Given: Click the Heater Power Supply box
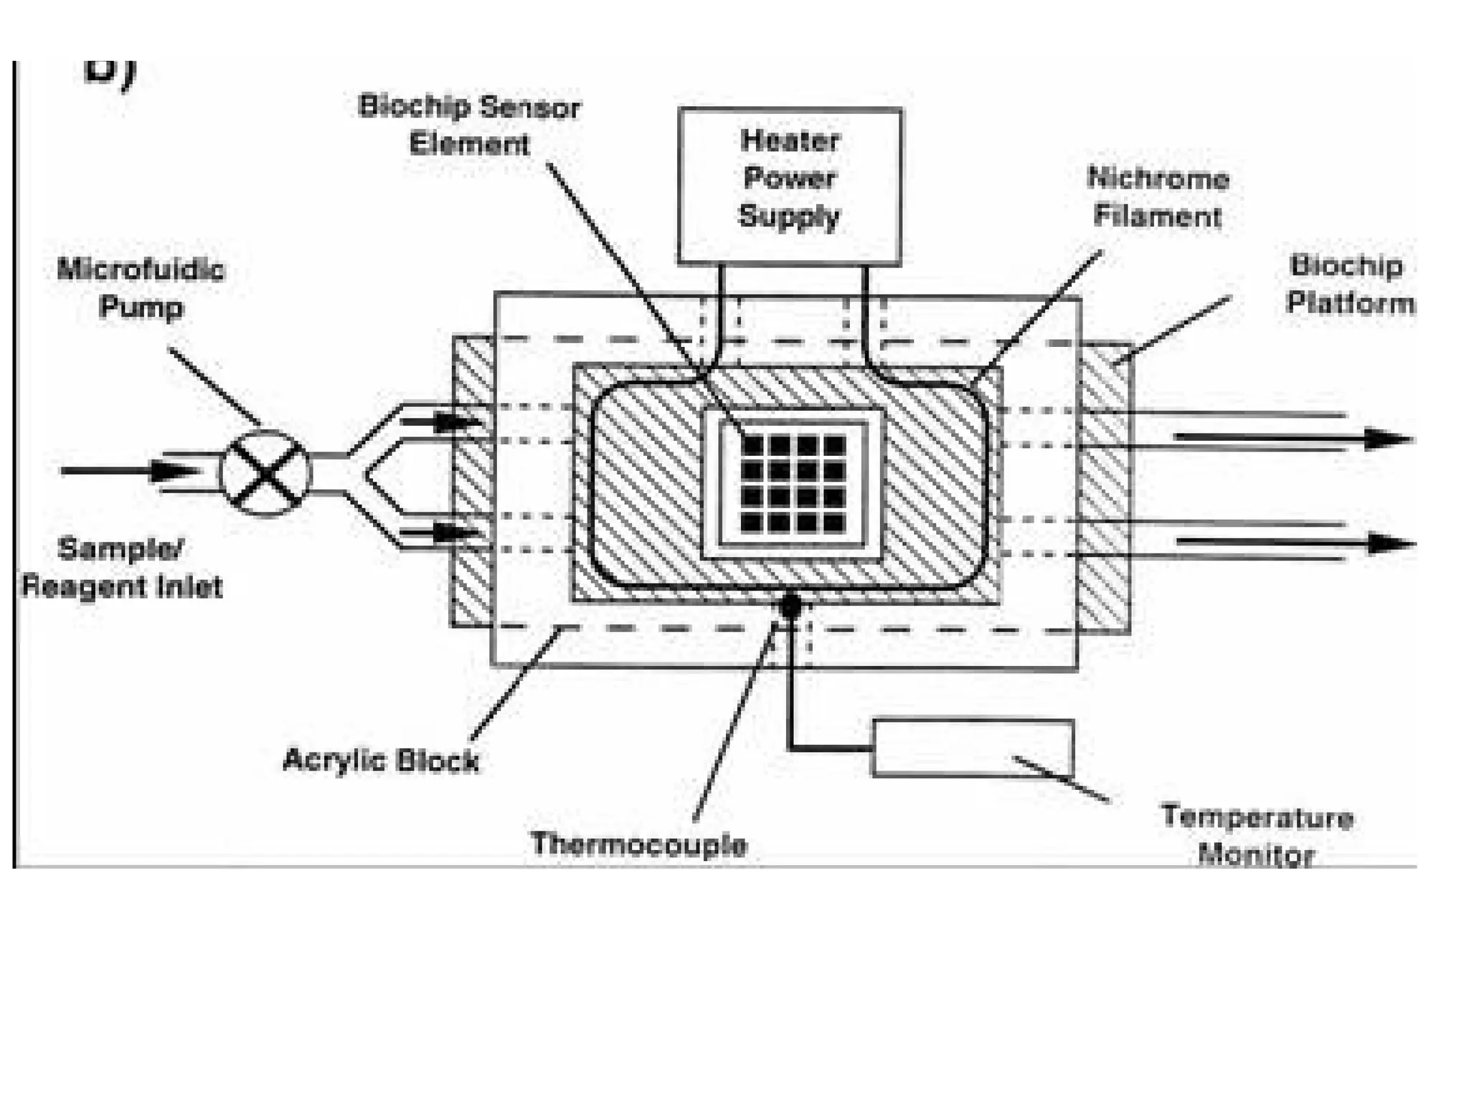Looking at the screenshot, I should (x=790, y=185).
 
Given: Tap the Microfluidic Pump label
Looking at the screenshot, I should (x=141, y=289).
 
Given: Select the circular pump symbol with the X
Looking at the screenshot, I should (x=266, y=472).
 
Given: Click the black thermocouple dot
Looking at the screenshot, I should (x=790, y=606).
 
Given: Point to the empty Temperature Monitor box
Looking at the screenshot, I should (x=972, y=748).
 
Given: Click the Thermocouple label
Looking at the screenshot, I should (x=638, y=844).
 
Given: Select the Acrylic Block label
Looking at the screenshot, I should (x=381, y=760).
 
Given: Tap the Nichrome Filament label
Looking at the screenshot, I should (x=1158, y=197).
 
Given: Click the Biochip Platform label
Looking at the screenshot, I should (x=1348, y=284).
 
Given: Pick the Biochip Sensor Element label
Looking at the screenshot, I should (x=470, y=125).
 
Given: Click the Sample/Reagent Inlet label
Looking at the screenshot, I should (x=122, y=568).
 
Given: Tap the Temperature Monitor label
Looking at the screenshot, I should (x=1257, y=836).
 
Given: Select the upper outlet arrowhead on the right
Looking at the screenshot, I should (x=1388, y=438).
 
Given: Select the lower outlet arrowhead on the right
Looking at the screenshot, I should (x=1389, y=544).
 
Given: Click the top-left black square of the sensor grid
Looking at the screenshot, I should (x=752, y=446).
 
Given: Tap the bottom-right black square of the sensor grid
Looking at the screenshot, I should (x=833, y=522).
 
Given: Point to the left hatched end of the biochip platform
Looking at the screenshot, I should (x=472, y=480).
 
